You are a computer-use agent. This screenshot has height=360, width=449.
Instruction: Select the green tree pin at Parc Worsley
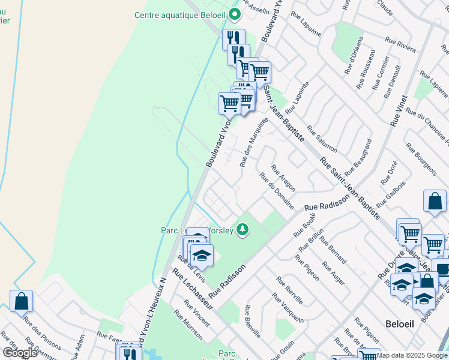tap(243, 229)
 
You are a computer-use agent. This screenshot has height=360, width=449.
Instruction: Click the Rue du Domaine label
tap(276, 191)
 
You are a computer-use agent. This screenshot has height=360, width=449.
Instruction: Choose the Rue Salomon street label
tap(322, 138)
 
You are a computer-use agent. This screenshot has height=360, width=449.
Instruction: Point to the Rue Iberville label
tap(289, 290)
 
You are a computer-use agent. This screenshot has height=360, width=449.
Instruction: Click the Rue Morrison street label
tap(188, 325)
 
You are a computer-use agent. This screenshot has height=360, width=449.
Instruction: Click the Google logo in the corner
tap(20, 353)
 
